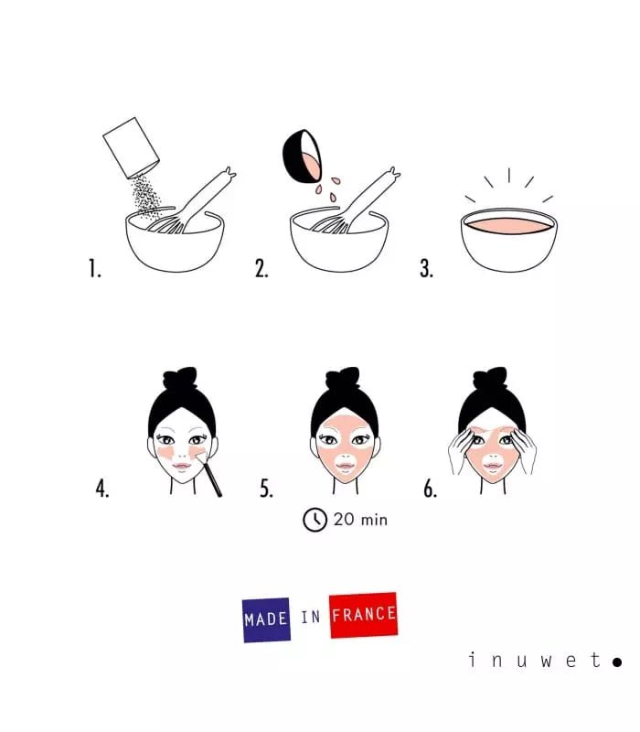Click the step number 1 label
coord(93,268)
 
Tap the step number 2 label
coord(261,268)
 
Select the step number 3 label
coord(426,268)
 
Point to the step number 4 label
coord(101,489)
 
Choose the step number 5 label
coord(266,489)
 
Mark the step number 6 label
coord(430,489)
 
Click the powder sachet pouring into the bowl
coord(130,145)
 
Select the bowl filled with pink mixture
coord(508,240)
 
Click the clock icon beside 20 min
coord(315,520)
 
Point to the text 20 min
coord(360,520)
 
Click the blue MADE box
coord(266,619)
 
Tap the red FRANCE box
coord(363,615)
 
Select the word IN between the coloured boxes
coord(311,618)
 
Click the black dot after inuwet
coord(617,661)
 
